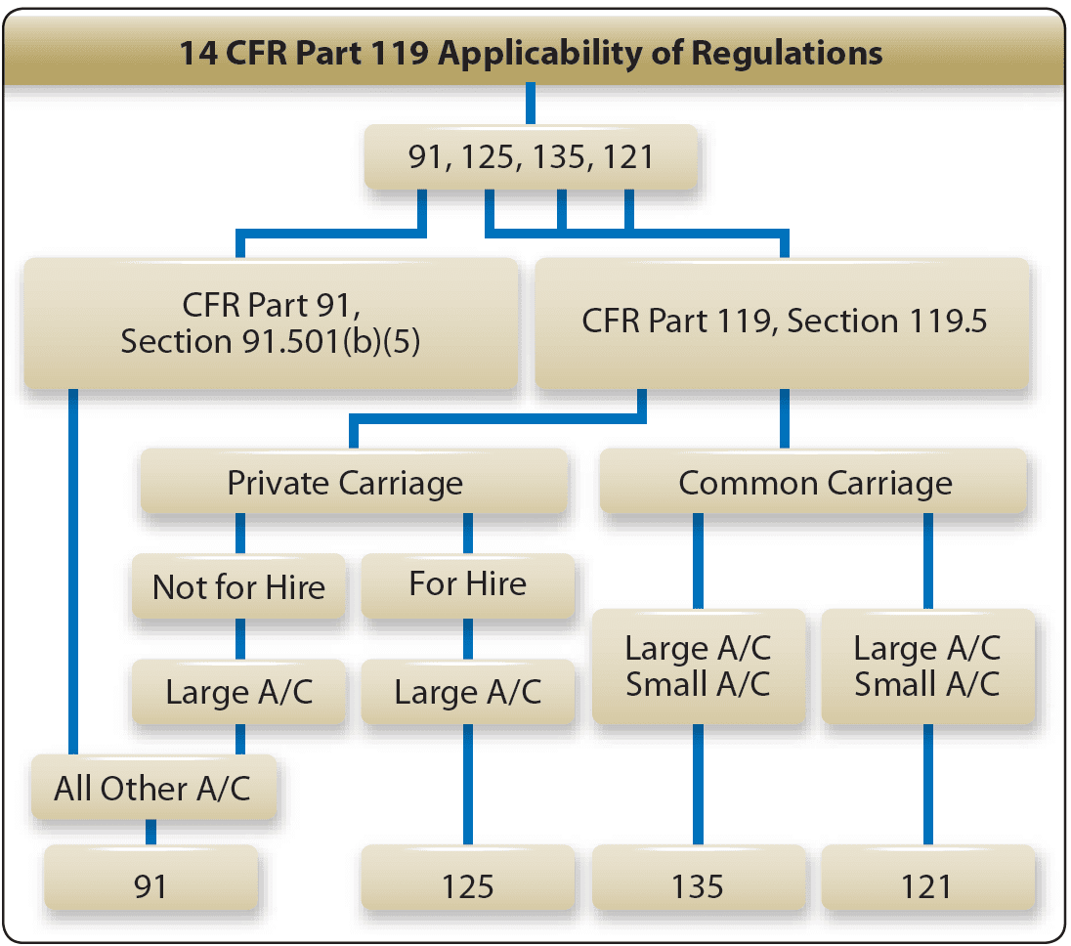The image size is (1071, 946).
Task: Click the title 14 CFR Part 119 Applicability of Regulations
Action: click(x=531, y=52)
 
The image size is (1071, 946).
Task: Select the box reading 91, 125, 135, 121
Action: click(x=531, y=156)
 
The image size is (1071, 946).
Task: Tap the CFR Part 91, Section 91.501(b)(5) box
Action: click(x=271, y=323)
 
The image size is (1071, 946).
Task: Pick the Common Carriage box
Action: click(x=814, y=483)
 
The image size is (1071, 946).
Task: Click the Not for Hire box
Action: click(x=238, y=587)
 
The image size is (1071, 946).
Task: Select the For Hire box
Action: click(x=467, y=584)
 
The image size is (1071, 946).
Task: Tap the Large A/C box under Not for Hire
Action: click(x=238, y=692)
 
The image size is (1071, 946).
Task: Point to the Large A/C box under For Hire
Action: click(x=467, y=692)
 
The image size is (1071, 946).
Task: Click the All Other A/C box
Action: click(x=152, y=788)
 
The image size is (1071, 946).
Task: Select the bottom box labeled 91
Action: click(x=150, y=885)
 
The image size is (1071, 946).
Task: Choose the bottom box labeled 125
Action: click(x=467, y=885)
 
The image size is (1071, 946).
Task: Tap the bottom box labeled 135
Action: click(x=698, y=885)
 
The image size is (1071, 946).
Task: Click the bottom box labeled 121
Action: click(x=926, y=885)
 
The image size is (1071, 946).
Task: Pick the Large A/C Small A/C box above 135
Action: click(x=698, y=666)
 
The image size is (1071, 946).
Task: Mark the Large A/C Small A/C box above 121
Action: click(x=926, y=666)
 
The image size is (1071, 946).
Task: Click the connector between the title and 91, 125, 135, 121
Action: click(x=531, y=104)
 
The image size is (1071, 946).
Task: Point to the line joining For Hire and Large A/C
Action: click(x=467, y=638)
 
